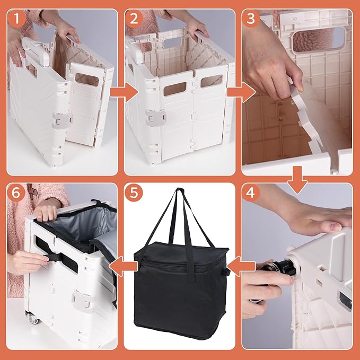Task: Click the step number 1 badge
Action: (16, 19)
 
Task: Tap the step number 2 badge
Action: (134, 19)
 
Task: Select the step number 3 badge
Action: (251, 19)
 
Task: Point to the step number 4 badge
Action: (250, 192)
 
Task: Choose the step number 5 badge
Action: (134, 192)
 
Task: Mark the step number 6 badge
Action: (16, 192)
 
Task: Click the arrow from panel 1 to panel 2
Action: (124, 93)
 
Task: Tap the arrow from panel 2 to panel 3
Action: (241, 93)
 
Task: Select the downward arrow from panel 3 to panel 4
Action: (297, 179)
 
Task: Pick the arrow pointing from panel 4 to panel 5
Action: (242, 266)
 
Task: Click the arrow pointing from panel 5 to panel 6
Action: (124, 266)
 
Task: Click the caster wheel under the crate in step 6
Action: (32, 318)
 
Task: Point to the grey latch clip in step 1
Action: (62, 120)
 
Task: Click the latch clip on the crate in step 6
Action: (84, 300)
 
